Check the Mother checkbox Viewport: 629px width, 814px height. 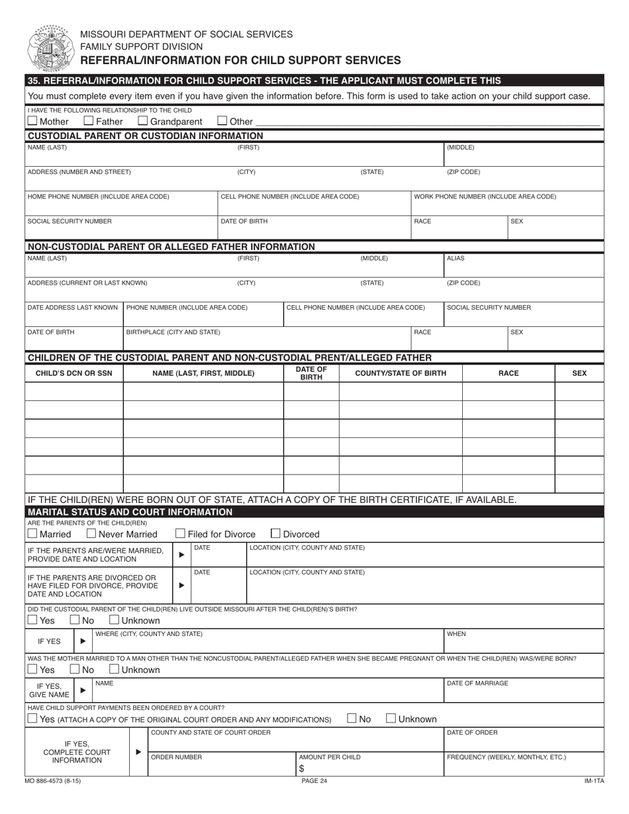click(x=32, y=121)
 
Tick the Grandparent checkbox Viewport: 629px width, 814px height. click(x=142, y=121)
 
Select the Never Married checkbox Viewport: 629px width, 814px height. click(x=92, y=533)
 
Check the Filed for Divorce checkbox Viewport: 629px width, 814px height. click(x=180, y=533)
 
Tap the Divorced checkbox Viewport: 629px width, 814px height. click(x=276, y=533)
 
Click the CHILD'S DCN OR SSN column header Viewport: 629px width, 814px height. click(x=73, y=373)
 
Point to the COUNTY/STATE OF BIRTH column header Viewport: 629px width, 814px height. click(x=400, y=373)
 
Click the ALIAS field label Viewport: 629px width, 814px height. click(x=456, y=259)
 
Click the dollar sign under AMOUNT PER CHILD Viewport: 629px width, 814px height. click(x=301, y=768)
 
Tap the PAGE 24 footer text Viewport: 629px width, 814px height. click(x=314, y=781)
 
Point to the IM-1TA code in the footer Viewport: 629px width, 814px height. click(x=594, y=781)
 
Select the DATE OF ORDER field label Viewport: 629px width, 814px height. click(x=472, y=732)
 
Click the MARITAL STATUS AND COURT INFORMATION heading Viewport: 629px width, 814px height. click(x=130, y=512)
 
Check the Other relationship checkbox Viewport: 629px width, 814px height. click(x=222, y=121)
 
